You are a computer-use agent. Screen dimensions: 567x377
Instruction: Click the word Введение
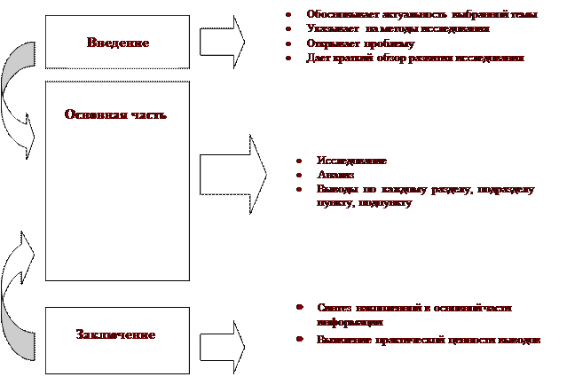[118, 43]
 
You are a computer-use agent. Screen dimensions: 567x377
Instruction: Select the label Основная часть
[115, 115]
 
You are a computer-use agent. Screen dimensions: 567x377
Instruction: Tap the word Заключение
[116, 334]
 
